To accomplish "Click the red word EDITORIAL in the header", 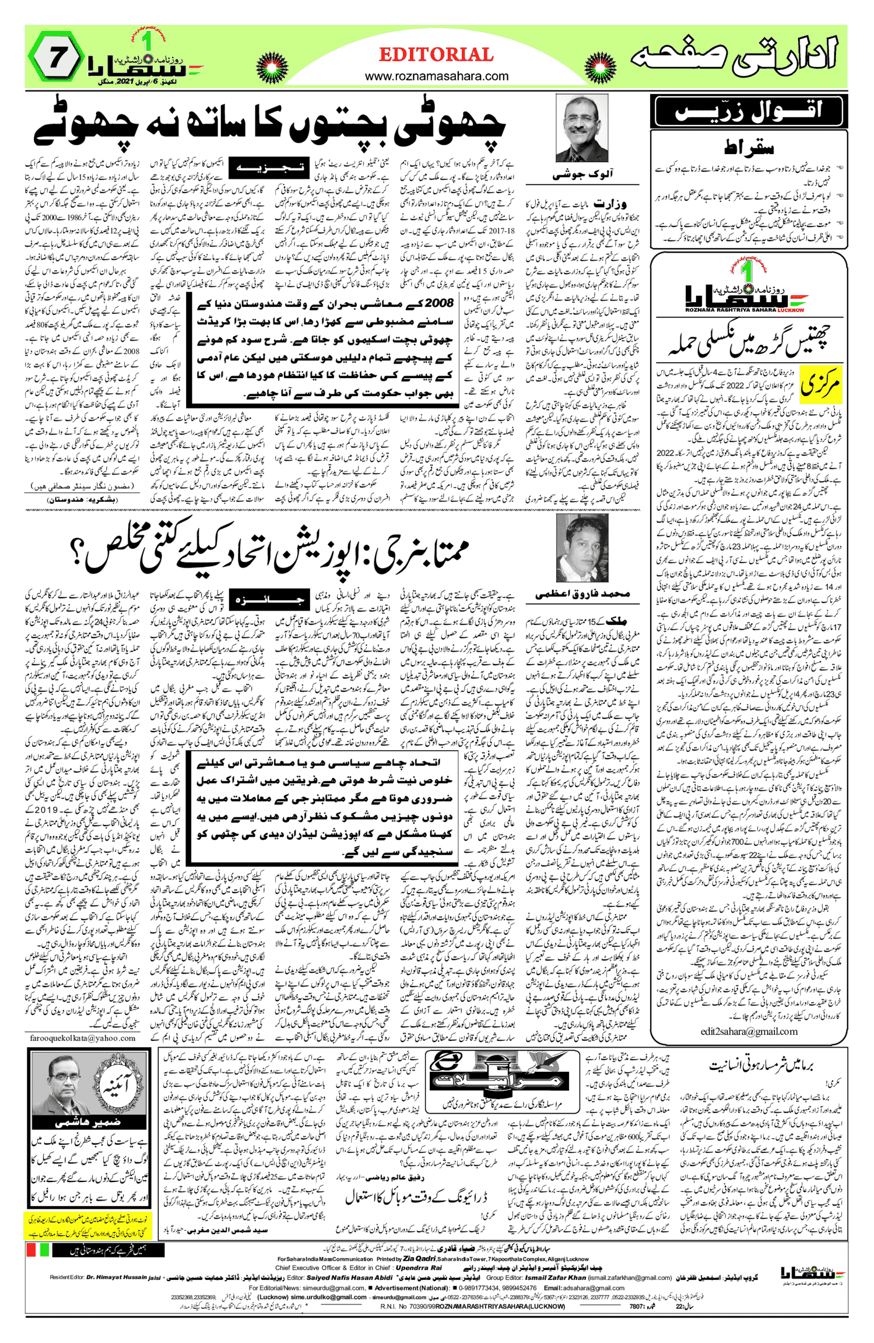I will click(x=436, y=55).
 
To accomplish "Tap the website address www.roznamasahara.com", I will click(x=436, y=76).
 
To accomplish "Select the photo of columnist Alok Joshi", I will click(x=581, y=128).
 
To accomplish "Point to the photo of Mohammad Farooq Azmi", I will click(x=581, y=548).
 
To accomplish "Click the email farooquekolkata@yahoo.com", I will click(x=83, y=1038).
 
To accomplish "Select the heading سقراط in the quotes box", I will click(x=749, y=148).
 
